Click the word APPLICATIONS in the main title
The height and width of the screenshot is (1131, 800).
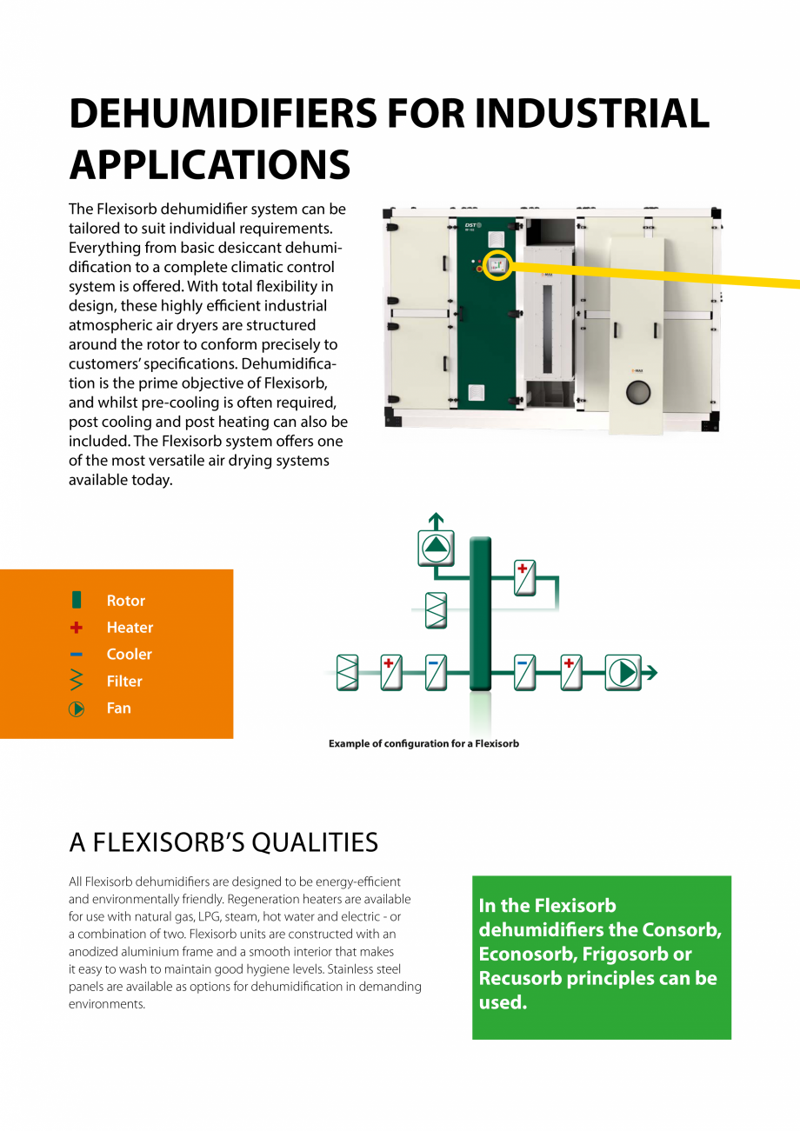(210, 164)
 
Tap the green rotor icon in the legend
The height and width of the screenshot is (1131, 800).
(77, 600)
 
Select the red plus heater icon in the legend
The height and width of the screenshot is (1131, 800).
(77, 627)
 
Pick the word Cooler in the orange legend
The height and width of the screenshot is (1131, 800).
(129, 654)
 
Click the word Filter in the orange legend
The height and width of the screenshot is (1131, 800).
(124, 681)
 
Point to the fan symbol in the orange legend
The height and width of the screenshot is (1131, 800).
(77, 709)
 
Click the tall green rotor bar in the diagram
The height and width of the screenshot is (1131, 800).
(480, 614)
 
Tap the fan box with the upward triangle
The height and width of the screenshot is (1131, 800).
(436, 548)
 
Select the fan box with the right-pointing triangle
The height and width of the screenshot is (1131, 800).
(623, 673)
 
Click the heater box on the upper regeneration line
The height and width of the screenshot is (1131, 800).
(524, 578)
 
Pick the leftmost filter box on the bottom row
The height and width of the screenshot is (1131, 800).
(347, 673)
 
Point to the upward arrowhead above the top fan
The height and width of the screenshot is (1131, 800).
(436, 520)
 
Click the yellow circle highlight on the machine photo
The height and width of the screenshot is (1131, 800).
(497, 264)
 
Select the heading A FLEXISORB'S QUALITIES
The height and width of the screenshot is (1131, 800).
(223, 842)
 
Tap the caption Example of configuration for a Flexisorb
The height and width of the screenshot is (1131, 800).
(423, 744)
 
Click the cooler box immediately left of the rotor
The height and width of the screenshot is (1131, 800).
(436, 673)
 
